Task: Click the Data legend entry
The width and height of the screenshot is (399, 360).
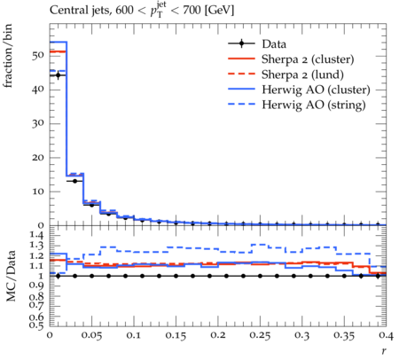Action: click(x=274, y=44)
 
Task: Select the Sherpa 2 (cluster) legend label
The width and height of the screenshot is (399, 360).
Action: click(x=308, y=59)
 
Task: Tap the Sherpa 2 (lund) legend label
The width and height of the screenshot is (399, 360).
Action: click(x=302, y=74)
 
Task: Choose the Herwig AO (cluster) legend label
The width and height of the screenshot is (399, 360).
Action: click(x=316, y=90)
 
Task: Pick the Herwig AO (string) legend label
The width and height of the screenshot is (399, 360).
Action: click(x=314, y=105)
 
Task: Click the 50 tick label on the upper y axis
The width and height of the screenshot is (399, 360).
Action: click(x=38, y=56)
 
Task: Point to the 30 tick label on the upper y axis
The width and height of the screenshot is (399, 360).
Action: click(x=38, y=123)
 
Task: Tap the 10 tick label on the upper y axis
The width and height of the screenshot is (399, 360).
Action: click(x=38, y=192)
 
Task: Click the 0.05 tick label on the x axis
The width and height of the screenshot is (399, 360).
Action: click(x=91, y=335)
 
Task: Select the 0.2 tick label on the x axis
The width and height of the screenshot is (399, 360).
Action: click(x=218, y=335)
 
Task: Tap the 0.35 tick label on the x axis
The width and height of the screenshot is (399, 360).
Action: click(x=344, y=335)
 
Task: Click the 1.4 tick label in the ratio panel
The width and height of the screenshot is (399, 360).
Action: click(x=37, y=235)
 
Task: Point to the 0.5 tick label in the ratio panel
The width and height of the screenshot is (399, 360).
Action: click(x=37, y=325)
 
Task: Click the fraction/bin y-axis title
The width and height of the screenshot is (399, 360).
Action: click(x=8, y=56)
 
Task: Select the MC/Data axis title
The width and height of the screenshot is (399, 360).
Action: click(x=11, y=276)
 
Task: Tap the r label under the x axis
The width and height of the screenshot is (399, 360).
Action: click(x=384, y=350)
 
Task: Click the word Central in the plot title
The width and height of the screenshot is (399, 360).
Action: click(x=66, y=11)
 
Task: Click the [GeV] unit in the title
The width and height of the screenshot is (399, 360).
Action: click(x=219, y=11)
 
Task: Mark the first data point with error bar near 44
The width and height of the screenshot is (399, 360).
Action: click(x=58, y=75)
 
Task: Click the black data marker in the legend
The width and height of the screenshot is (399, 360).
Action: click(x=241, y=43)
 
